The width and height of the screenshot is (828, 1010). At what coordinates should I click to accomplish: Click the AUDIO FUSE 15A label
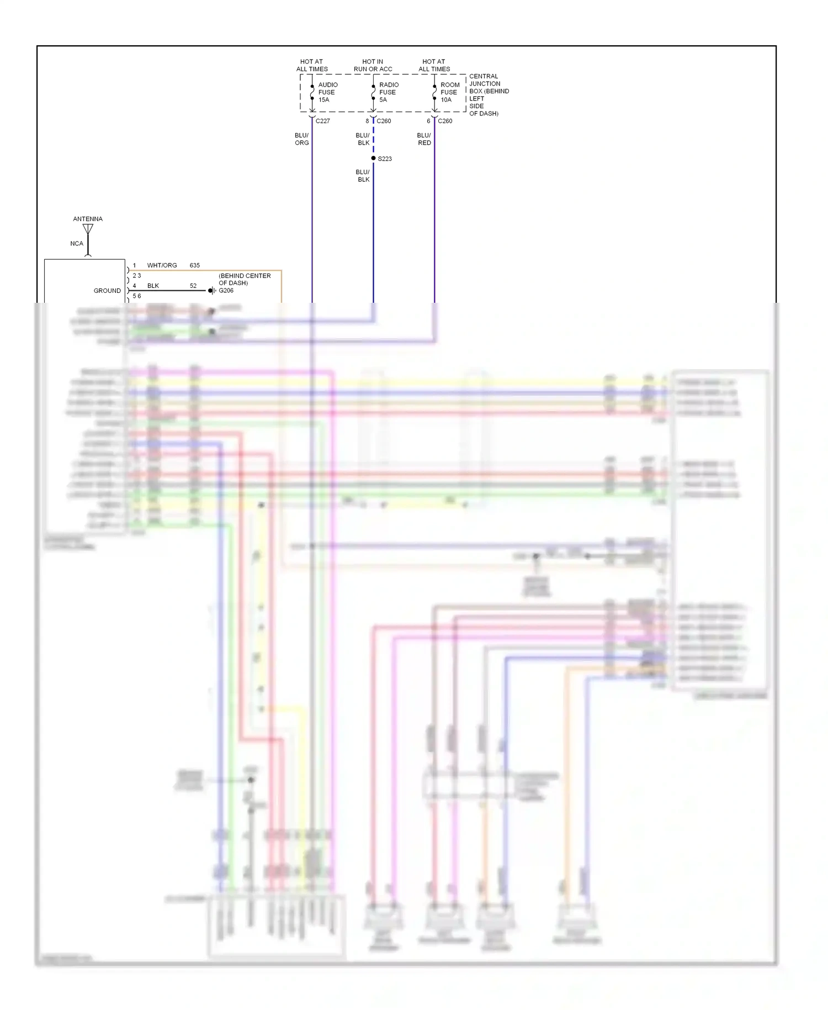click(x=327, y=92)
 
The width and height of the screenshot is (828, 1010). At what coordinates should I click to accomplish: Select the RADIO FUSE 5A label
click(x=388, y=92)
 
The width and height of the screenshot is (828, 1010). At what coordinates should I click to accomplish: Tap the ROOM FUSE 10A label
click(x=449, y=92)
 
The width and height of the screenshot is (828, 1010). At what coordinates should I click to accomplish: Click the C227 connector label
click(x=323, y=121)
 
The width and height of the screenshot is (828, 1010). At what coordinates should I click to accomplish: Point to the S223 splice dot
click(x=373, y=159)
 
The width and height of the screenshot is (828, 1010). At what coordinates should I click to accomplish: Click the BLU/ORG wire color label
click(x=302, y=139)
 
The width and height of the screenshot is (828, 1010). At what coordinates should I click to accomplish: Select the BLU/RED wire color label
click(x=424, y=139)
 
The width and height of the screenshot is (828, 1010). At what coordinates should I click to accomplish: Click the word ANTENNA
click(x=88, y=219)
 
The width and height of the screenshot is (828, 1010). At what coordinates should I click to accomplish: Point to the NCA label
click(x=77, y=244)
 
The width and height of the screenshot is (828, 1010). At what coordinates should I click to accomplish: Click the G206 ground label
click(x=226, y=291)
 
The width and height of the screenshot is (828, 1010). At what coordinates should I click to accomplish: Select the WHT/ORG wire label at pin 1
click(x=162, y=266)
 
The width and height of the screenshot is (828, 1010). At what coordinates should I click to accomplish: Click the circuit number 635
click(x=195, y=266)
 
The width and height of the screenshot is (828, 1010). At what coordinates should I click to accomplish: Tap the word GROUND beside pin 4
click(x=107, y=291)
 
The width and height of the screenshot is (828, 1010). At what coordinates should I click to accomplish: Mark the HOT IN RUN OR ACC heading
click(x=373, y=65)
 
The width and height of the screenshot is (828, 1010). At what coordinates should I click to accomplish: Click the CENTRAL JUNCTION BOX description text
click(x=488, y=94)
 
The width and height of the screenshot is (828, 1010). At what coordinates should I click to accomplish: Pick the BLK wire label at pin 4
click(x=153, y=286)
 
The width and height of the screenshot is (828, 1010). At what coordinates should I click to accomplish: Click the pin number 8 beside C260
click(x=367, y=121)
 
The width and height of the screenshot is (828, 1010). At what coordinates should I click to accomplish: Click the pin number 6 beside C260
click(x=428, y=121)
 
